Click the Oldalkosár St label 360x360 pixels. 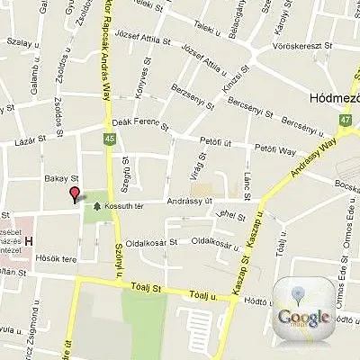coord(149,242)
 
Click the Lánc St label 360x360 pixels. coord(245,185)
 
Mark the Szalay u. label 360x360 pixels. coord(19,40)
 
